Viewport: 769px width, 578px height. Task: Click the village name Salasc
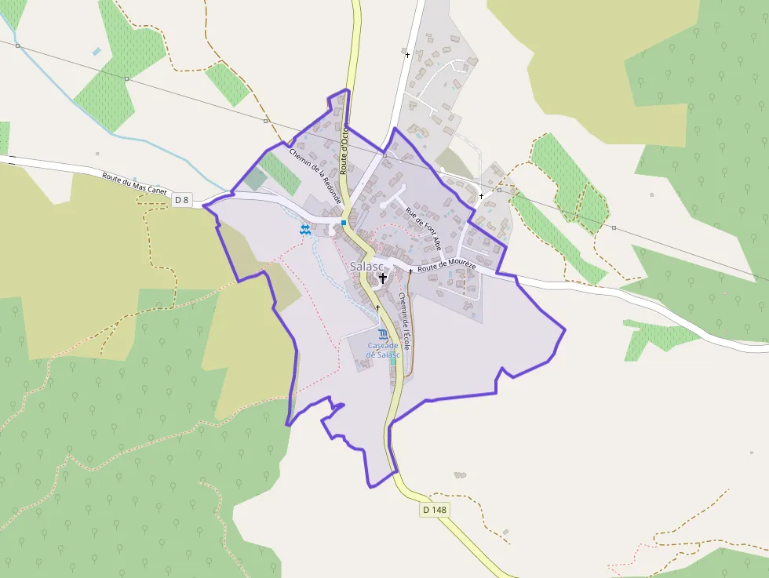click(367, 267)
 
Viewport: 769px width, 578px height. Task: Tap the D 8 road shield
click(182, 200)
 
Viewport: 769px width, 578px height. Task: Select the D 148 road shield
click(434, 510)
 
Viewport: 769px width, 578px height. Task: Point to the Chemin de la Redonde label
click(315, 176)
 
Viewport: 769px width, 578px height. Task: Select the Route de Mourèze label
click(447, 267)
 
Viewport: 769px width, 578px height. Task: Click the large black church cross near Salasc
click(383, 278)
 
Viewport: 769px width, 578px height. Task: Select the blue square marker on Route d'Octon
click(344, 223)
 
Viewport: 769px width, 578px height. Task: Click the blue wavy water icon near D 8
click(304, 228)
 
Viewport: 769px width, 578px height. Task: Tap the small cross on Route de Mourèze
click(410, 271)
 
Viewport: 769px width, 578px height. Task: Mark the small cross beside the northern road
click(406, 55)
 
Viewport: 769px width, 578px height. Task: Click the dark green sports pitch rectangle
click(256, 179)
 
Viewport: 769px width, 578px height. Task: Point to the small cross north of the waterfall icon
click(377, 307)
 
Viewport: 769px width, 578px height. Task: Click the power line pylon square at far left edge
click(17, 46)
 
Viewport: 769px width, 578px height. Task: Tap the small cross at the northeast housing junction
click(481, 196)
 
